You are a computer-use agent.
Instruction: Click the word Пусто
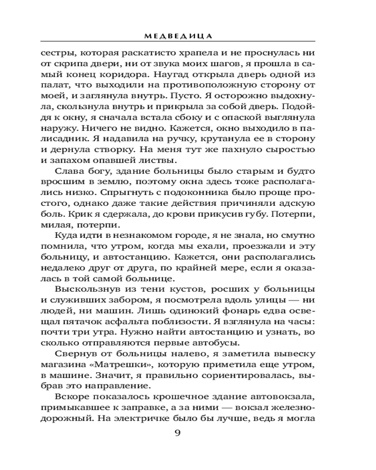point(193,95)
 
